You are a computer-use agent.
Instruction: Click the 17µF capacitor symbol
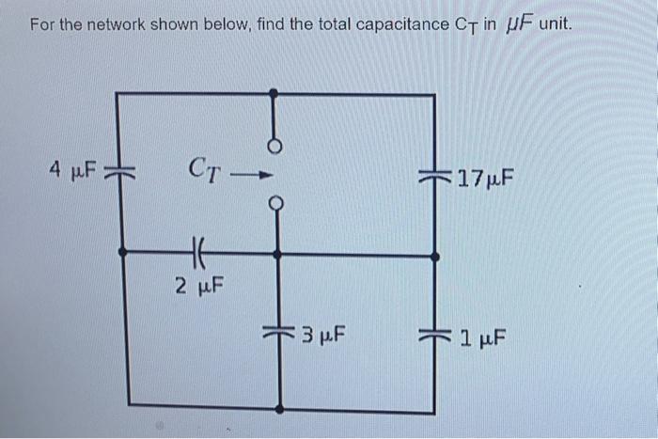(x=433, y=176)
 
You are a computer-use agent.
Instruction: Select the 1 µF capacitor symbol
(x=434, y=334)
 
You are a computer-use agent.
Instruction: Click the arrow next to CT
(x=253, y=173)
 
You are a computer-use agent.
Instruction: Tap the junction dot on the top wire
(x=274, y=93)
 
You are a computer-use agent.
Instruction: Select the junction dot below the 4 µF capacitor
(x=122, y=252)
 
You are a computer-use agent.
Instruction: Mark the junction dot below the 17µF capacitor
(x=434, y=254)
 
